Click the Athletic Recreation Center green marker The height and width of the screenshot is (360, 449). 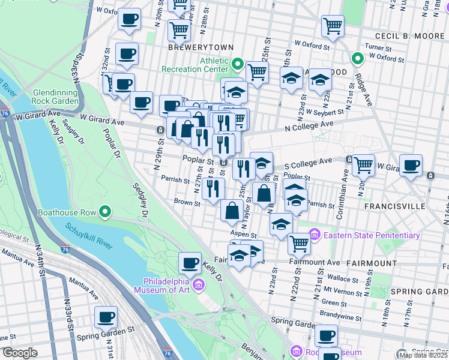pyautogui.click(x=238, y=64)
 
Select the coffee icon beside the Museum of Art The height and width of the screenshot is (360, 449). pyautogui.click(x=190, y=263)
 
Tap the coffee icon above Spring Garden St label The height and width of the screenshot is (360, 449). pyautogui.click(x=106, y=316)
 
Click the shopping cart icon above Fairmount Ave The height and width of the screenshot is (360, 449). pyautogui.click(x=298, y=243)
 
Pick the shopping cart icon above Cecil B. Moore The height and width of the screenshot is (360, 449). pyautogui.click(x=332, y=26)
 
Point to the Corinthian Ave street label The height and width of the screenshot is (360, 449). pyautogui.click(x=345, y=184)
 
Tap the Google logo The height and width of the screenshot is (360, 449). pyautogui.click(x=20, y=352)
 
